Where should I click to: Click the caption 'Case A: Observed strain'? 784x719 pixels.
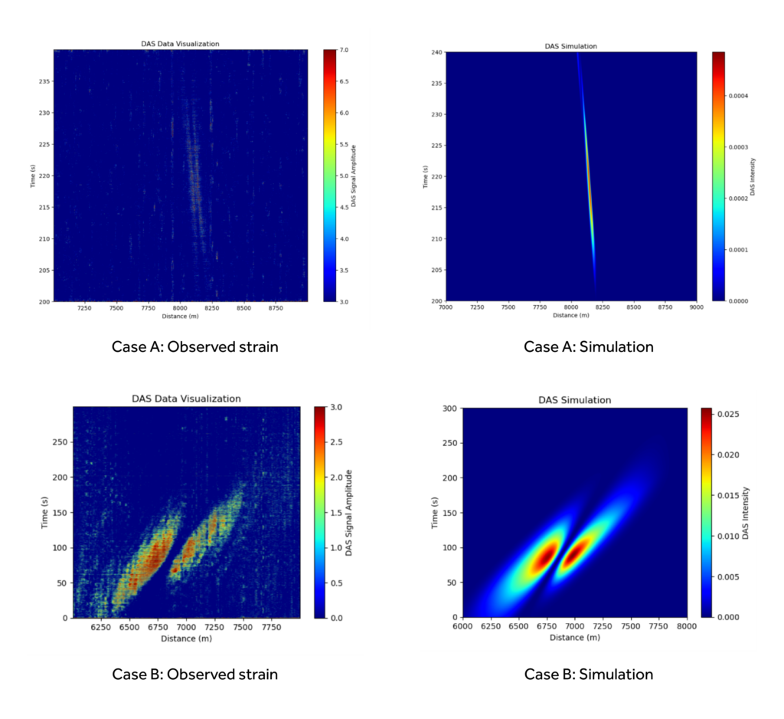coord(195,346)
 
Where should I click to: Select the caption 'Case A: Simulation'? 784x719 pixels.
coord(588,346)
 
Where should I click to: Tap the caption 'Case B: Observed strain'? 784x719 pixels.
coord(195,675)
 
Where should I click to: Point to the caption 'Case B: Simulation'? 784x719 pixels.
coord(588,675)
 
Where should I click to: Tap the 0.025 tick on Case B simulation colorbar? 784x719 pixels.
coord(731,415)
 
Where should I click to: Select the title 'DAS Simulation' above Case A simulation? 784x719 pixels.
coord(570,46)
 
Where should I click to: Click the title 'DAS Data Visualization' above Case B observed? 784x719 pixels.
coord(187,399)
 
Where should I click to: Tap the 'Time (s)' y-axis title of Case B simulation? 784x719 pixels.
coord(435,512)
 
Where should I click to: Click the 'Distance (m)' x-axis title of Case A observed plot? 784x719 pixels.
coord(180,316)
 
